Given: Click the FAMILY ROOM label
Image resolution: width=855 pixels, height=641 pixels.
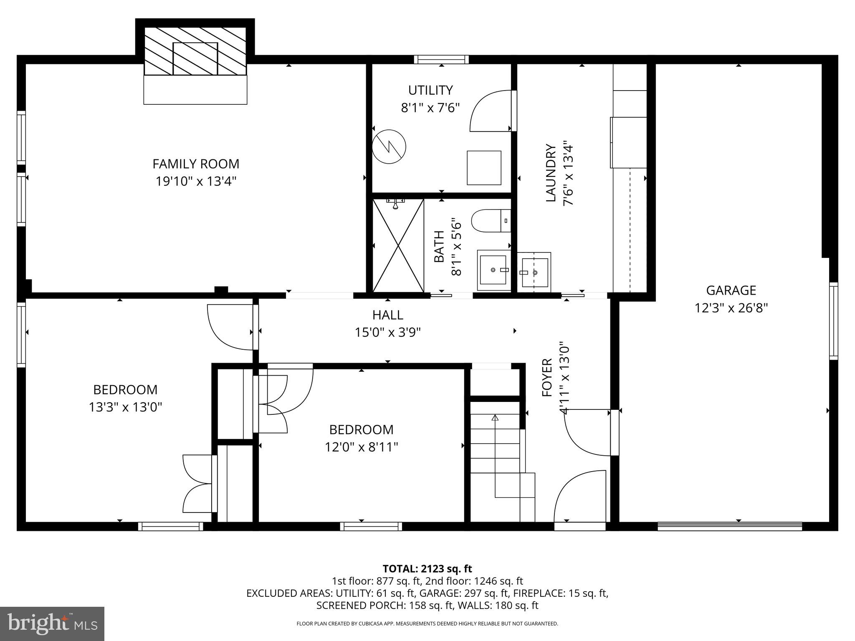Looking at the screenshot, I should pyautogui.click(x=195, y=164).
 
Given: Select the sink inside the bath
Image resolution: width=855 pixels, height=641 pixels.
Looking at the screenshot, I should pyautogui.click(x=494, y=270).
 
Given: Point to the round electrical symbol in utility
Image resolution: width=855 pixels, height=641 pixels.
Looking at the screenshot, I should pyautogui.click(x=389, y=146).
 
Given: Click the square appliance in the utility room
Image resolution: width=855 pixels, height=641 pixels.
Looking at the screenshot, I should pyautogui.click(x=484, y=168).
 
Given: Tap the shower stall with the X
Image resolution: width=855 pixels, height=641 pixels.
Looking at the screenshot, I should pyautogui.click(x=398, y=245).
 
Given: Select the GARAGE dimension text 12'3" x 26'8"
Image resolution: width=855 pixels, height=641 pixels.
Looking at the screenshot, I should pyautogui.click(x=731, y=308).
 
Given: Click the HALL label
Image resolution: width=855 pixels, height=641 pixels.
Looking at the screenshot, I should pyautogui.click(x=388, y=315).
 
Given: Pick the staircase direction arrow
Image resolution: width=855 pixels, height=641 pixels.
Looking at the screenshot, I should pyautogui.click(x=495, y=417).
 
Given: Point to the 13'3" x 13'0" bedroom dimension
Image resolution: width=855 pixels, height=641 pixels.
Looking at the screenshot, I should pyautogui.click(x=125, y=407).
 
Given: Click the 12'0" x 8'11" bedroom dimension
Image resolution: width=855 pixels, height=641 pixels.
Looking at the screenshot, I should pyautogui.click(x=362, y=447).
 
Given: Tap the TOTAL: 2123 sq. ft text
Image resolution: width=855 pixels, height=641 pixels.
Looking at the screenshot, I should pyautogui.click(x=427, y=568).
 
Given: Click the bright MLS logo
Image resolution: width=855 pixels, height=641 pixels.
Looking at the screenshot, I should pyautogui.click(x=52, y=623).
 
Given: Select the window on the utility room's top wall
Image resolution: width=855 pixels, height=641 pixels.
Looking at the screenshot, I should pyautogui.click(x=441, y=59).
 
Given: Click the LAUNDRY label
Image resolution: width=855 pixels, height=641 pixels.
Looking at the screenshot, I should pyautogui.click(x=551, y=173).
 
